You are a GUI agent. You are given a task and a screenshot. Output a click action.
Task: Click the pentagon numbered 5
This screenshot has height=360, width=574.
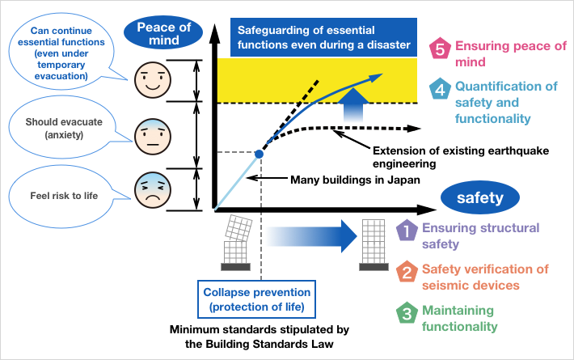439,49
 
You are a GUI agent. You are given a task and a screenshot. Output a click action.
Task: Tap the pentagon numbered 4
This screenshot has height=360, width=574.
439,89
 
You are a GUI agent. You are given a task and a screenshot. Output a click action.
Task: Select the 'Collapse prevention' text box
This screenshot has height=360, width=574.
256,299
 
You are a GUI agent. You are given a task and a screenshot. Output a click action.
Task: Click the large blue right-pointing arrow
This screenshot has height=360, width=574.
311,237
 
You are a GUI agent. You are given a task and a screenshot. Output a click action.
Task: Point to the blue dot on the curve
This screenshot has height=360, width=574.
259,153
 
